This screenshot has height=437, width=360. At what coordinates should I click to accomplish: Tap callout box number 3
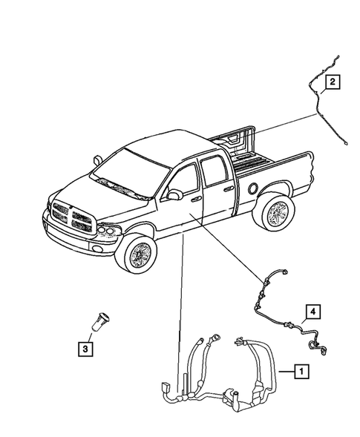(x=87, y=346)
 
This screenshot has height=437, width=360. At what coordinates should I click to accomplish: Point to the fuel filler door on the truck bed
(x=254, y=188)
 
